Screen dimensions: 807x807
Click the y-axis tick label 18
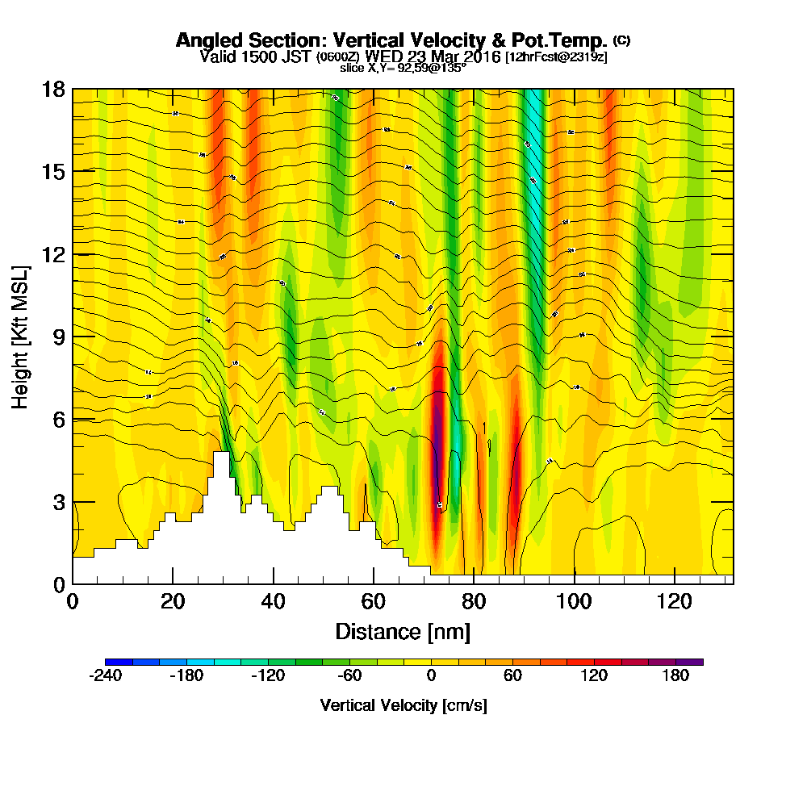53,90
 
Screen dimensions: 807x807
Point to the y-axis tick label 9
58,337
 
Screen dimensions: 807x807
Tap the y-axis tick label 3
58,502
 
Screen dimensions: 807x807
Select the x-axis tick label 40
274,601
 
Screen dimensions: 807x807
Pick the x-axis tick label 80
474,601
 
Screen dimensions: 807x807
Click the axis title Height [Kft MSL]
21,336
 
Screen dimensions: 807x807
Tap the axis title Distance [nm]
403,631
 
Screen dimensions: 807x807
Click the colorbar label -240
105,676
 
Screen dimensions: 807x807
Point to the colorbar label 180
676,676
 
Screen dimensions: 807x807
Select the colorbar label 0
432,676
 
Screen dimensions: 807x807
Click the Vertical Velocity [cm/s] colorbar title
403,705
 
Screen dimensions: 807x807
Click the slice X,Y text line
403,68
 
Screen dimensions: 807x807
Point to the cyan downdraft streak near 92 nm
533,161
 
